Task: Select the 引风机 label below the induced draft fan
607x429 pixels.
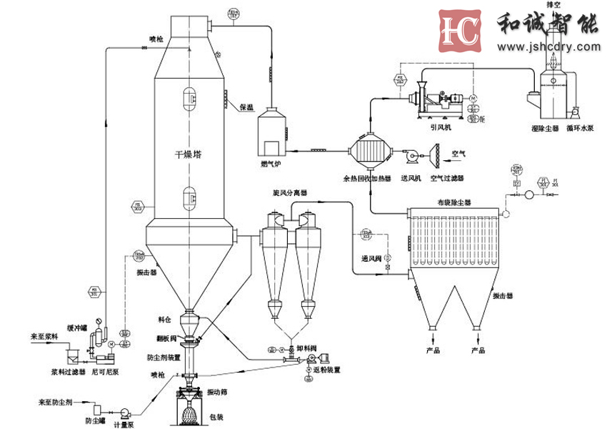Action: [x=438, y=129]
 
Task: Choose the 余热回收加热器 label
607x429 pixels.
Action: [x=367, y=177]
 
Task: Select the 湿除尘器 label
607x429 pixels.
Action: [x=545, y=129]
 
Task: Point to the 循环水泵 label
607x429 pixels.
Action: [x=579, y=129]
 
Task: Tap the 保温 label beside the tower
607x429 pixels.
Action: [x=246, y=107]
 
